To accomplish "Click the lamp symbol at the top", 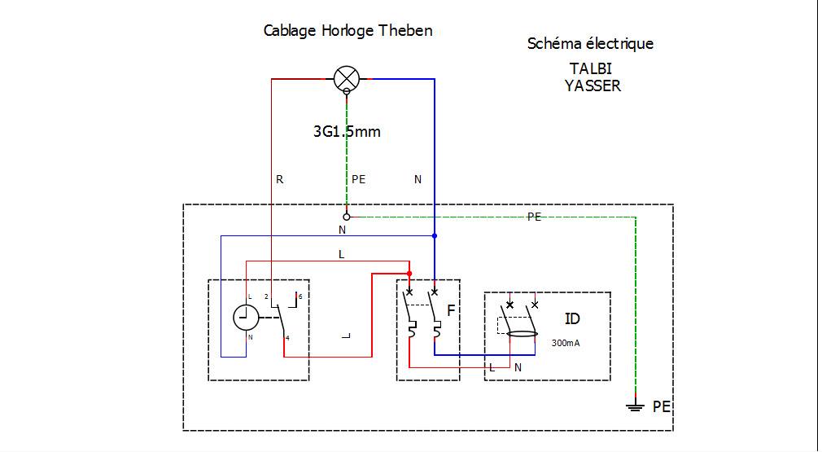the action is point(347,79).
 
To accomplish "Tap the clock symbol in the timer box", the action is point(246,318).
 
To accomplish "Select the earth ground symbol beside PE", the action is point(636,406).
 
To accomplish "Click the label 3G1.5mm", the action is point(347,132).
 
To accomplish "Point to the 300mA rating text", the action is point(566,344).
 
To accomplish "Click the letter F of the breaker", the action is point(451,311).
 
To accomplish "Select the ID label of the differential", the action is point(572,318).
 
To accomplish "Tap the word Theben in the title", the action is point(405,30).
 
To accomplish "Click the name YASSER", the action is point(593,86).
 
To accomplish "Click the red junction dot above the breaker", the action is point(409,273).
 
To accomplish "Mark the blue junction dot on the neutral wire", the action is point(435,236).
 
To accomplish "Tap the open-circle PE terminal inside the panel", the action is point(346,217).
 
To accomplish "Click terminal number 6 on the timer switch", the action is point(300,296).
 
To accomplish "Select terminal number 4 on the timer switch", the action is point(287,338).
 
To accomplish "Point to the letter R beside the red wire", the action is point(279,179).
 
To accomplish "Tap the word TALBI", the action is point(591,68).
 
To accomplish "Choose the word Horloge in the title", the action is point(347,31).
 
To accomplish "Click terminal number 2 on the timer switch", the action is point(266,296).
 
